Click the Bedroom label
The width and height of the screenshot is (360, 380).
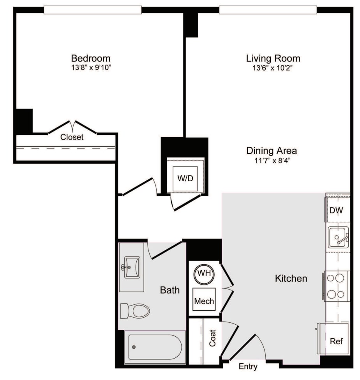pyautogui.click(x=91, y=58)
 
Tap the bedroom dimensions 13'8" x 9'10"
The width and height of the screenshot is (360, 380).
pyautogui.click(x=91, y=67)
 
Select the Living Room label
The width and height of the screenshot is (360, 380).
pyautogui.click(x=273, y=58)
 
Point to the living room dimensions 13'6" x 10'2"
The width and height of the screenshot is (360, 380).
pyautogui.click(x=273, y=68)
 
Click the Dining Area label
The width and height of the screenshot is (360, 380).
pyautogui.click(x=272, y=151)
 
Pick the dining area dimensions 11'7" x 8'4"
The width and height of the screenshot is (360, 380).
pyautogui.click(x=272, y=161)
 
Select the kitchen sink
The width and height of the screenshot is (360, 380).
pyautogui.click(x=338, y=237)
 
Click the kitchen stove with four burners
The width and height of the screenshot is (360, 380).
pyautogui.click(x=336, y=286)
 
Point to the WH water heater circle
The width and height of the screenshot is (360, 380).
pyautogui.click(x=204, y=274)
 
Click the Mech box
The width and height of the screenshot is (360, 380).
pyautogui.click(x=204, y=299)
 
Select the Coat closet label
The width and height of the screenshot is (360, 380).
pyautogui.click(x=212, y=338)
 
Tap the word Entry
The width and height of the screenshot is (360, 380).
pyautogui.click(x=248, y=366)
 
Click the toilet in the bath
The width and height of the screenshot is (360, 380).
pyautogui.click(x=135, y=311)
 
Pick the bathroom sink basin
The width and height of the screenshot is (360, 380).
pyautogui.click(x=132, y=267)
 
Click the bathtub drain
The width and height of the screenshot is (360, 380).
pyautogui.click(x=134, y=347)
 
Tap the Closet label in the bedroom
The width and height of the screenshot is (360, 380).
pyautogui.click(x=72, y=137)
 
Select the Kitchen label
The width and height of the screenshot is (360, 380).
pyautogui.click(x=291, y=278)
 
